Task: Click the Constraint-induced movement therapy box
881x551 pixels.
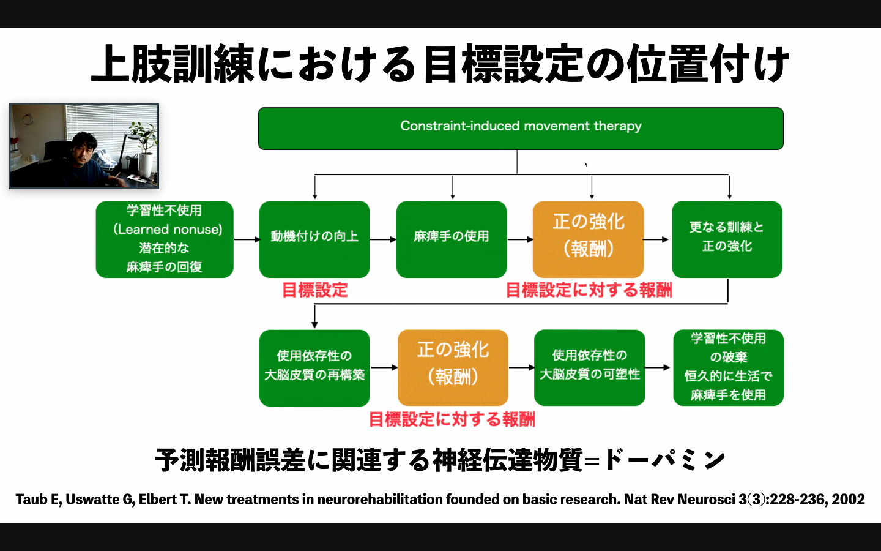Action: tap(521, 129)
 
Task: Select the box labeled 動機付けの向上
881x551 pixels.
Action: tap(314, 239)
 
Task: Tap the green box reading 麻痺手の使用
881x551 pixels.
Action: tap(452, 239)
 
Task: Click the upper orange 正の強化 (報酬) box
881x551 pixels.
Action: tap(589, 239)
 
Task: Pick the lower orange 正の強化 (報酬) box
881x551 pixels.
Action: tap(453, 367)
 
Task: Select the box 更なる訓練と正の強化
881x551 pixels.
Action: tap(727, 239)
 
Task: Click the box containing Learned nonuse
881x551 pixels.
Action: tap(165, 239)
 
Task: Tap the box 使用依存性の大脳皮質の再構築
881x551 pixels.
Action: tap(314, 367)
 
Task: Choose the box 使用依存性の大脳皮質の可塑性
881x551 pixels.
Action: tap(590, 367)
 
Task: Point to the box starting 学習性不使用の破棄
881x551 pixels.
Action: tap(729, 367)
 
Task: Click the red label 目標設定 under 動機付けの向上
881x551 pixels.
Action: tap(315, 290)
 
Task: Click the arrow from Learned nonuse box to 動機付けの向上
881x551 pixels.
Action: tap(247, 239)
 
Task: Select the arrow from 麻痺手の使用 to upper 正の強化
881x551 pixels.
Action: tap(520, 239)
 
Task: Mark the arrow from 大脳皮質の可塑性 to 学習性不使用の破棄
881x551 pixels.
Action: tap(657, 367)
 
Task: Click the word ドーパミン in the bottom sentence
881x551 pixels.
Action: tap(664, 460)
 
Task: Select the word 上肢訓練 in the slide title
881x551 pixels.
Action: tap(173, 64)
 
